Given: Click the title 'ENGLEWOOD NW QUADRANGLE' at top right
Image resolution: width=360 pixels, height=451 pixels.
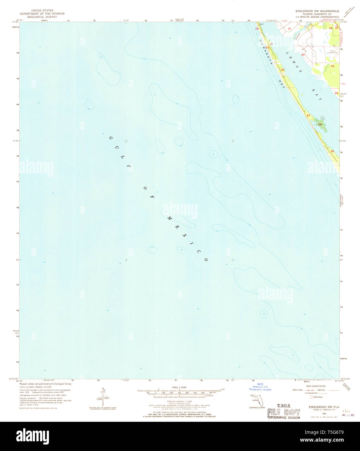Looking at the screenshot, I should (317, 11).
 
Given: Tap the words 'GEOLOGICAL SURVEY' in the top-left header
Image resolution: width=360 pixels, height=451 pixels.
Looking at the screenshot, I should (42, 17).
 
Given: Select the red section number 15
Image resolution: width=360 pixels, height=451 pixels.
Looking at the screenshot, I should (289, 29).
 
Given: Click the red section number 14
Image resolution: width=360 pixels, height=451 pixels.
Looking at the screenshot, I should (330, 29).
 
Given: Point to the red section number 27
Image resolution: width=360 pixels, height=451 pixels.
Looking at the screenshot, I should (308, 116).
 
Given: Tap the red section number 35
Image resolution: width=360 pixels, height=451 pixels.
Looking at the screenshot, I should (332, 151).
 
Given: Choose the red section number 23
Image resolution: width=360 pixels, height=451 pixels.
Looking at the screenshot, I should (332, 66).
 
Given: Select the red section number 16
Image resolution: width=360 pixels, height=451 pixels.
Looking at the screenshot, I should (257, 29).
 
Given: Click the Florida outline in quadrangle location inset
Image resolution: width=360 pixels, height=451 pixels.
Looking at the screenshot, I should (257, 401).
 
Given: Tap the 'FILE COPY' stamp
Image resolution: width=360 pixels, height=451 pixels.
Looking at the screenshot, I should (283, 413).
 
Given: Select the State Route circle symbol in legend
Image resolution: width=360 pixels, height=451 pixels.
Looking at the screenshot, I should (311, 397).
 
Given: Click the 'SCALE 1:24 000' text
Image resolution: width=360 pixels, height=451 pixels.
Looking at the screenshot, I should (179, 387).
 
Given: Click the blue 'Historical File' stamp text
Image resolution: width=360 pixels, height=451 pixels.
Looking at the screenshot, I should (262, 387).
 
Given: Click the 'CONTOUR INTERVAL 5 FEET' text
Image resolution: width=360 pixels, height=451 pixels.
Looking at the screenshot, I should (179, 401).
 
